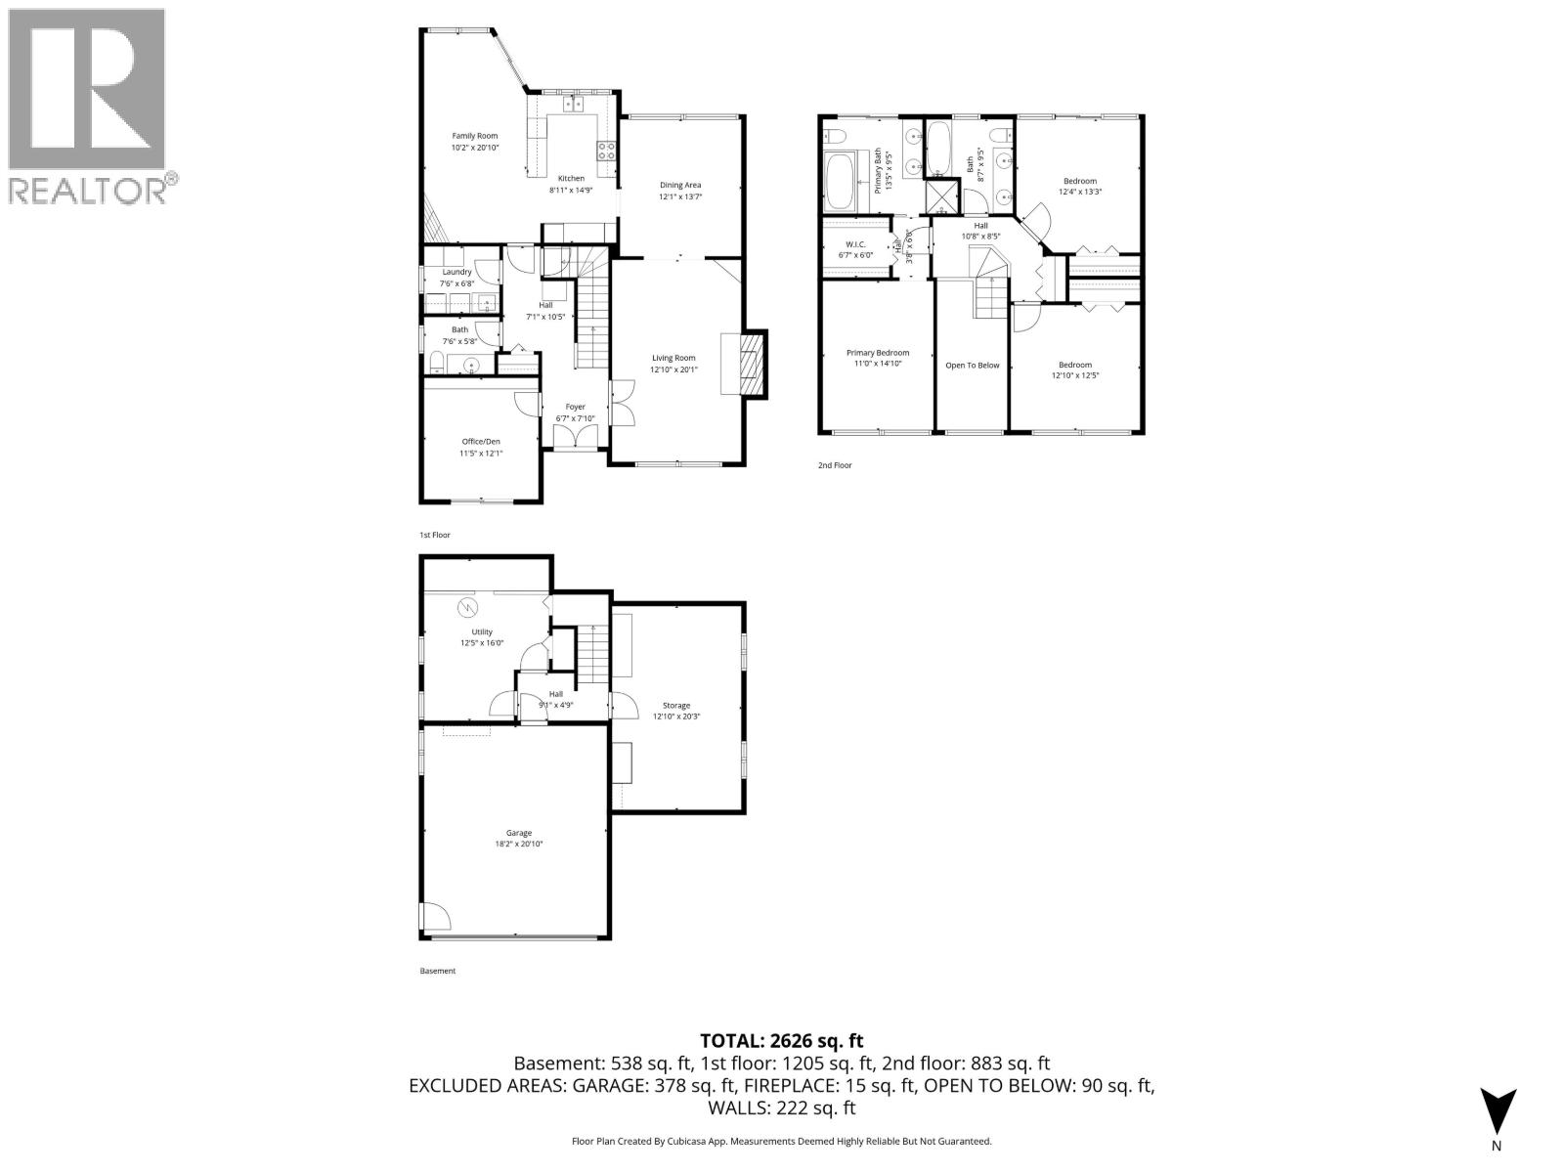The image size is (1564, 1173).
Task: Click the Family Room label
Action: tap(474, 136)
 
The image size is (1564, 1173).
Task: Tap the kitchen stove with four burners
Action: tap(606, 151)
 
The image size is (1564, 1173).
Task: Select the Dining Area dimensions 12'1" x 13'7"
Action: tap(680, 196)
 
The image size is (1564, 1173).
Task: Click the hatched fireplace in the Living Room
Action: tap(750, 364)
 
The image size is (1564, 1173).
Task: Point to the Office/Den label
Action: tap(480, 441)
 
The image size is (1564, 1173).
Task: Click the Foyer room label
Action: tap(575, 407)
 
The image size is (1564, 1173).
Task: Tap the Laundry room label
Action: tap(456, 272)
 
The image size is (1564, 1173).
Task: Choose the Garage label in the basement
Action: tap(518, 833)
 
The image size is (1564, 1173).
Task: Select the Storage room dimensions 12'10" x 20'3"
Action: tap(676, 717)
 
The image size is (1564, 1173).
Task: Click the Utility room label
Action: tap(481, 631)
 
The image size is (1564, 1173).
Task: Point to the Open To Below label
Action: tap(972, 366)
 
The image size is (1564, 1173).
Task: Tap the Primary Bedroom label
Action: tap(877, 353)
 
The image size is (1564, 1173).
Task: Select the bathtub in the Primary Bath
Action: tap(839, 183)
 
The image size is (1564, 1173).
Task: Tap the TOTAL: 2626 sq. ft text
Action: tap(781, 1041)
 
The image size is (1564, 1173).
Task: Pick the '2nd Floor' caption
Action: tap(835, 465)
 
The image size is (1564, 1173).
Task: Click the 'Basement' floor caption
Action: tap(437, 971)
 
